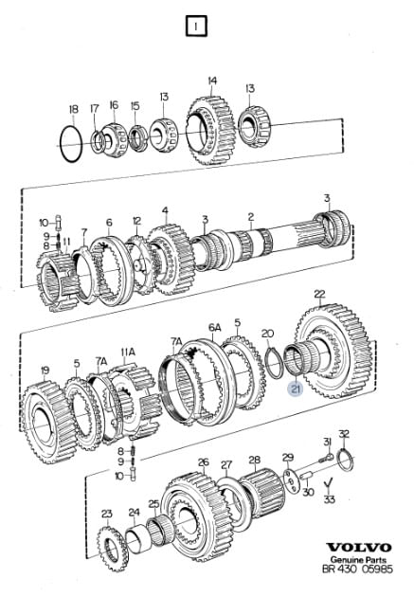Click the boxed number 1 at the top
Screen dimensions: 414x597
pyautogui.click(x=196, y=27)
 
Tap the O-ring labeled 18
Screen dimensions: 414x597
pyautogui.click(x=62, y=143)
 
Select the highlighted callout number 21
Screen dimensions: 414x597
pyautogui.click(x=296, y=389)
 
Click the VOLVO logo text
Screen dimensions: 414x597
pyautogui.click(x=359, y=548)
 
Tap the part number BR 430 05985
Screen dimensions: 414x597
pyautogui.click(x=357, y=570)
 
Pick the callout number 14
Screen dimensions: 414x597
pyautogui.click(x=212, y=81)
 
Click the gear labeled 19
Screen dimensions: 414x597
pyautogui.click(x=47, y=422)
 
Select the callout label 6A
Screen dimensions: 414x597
pyautogui.click(x=214, y=328)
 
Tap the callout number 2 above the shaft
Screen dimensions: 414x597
pyautogui.click(x=250, y=217)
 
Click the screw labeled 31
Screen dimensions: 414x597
pyautogui.click(x=325, y=458)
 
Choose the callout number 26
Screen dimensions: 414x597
pyautogui.click(x=204, y=462)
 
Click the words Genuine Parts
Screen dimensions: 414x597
pyautogui.click(x=358, y=560)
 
